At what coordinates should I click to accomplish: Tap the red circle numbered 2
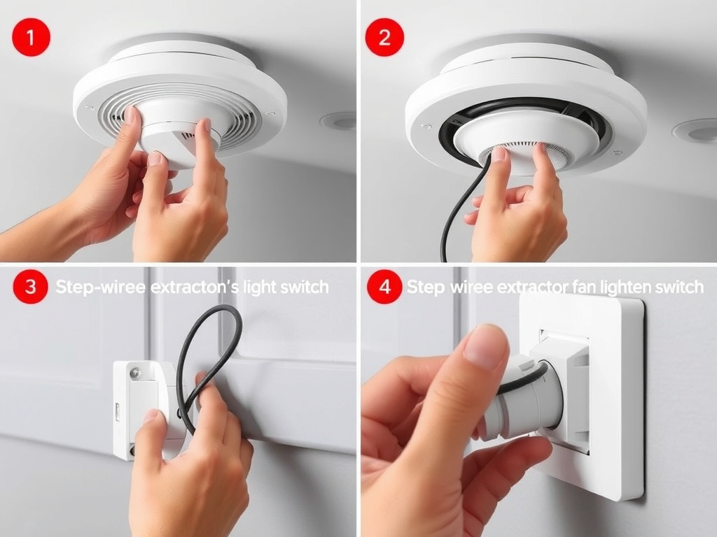[384, 38]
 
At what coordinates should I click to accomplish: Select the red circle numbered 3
[30, 287]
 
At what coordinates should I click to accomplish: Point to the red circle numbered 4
[384, 287]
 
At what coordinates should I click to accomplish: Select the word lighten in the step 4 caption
[629, 287]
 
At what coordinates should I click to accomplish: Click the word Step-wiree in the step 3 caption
[93, 287]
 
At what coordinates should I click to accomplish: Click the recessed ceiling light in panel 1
[339, 121]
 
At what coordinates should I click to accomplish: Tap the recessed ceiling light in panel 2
[694, 131]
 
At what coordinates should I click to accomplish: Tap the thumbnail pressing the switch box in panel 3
[150, 415]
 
